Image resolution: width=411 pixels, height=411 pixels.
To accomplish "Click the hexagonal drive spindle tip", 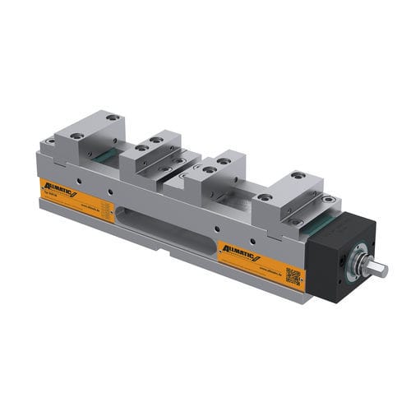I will point(380,268).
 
